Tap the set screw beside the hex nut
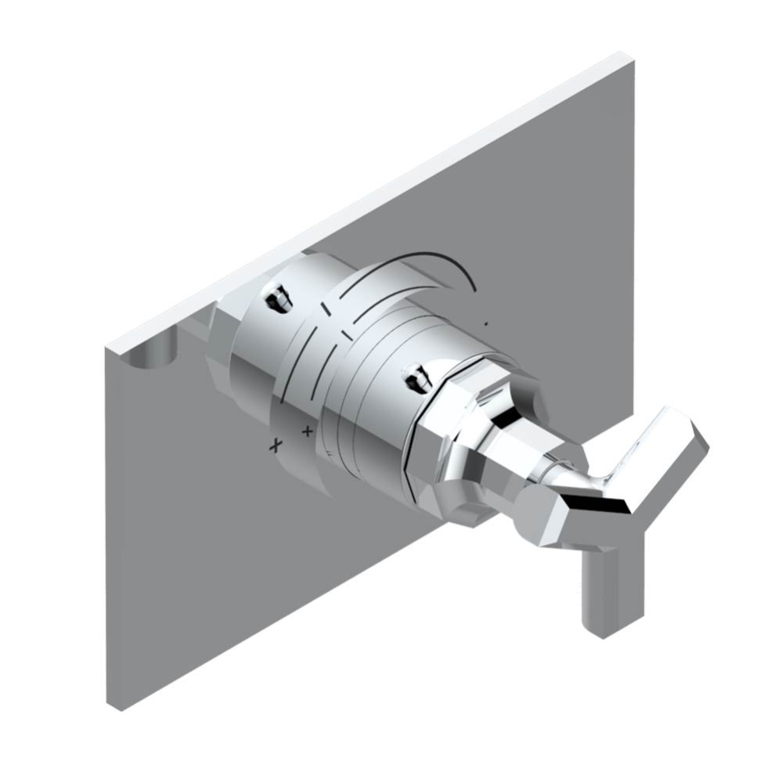pyautogui.click(x=416, y=379)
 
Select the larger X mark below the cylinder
pyautogui.click(x=275, y=446)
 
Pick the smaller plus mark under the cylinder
pyautogui.click(x=308, y=431)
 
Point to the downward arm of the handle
pyautogui.click(x=604, y=587)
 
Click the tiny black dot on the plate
pyautogui.click(x=487, y=323)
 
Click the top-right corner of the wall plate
pyautogui.click(x=629, y=56)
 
